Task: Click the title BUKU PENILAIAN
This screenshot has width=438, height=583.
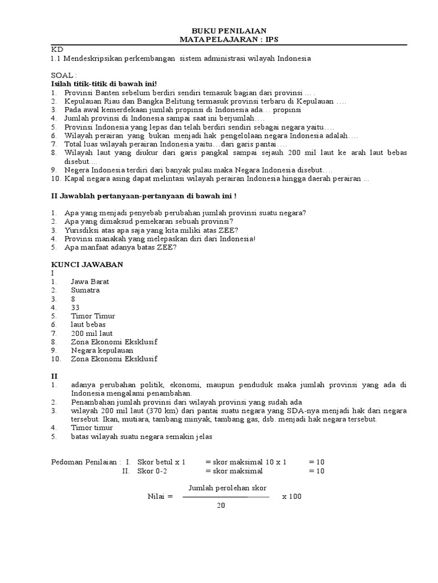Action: [x=228, y=30]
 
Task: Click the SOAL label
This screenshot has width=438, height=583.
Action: [x=62, y=75]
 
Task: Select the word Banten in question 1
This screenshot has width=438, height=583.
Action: [x=106, y=92]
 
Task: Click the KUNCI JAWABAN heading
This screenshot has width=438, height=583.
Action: [x=87, y=265]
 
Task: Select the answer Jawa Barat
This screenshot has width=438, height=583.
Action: [x=90, y=282]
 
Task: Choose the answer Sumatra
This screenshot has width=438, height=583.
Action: [x=86, y=290]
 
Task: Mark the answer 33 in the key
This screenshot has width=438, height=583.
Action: [x=75, y=307]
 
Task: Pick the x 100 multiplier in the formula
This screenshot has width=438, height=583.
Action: [x=291, y=496]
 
